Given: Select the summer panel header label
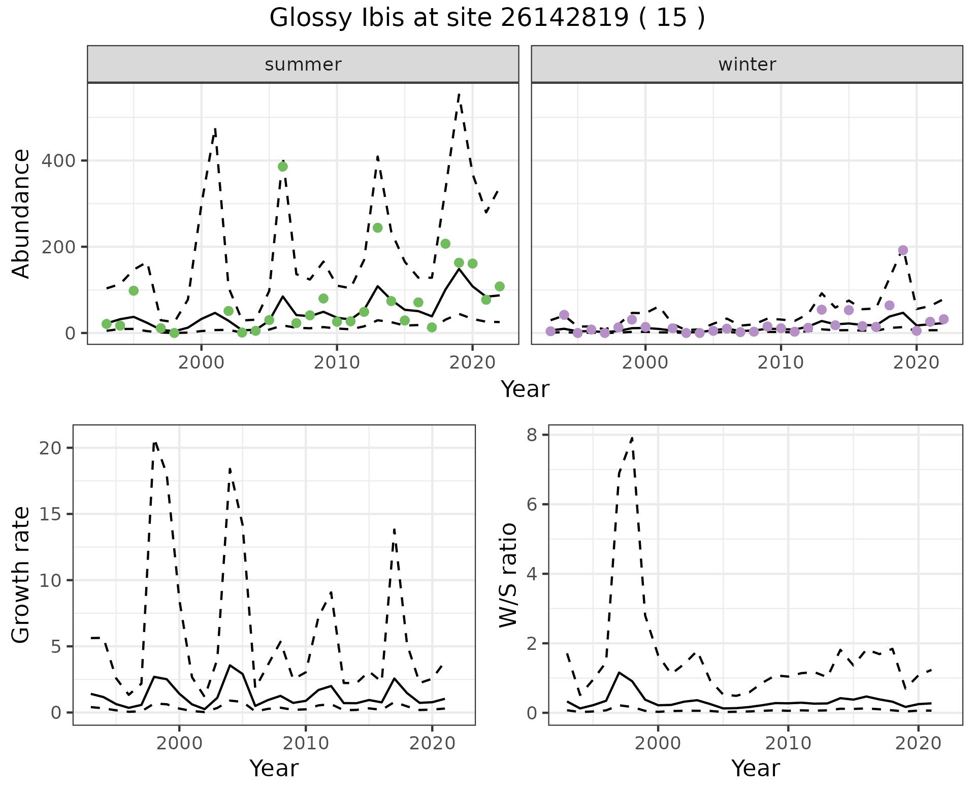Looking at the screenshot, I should pos(303,64).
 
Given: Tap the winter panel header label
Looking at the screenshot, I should pos(747,64).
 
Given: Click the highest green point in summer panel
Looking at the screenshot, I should pos(283,167).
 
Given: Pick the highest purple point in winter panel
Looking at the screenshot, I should pos(903,250).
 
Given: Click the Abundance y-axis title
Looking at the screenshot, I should pos(21,214).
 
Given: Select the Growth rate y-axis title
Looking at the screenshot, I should pos(21,575).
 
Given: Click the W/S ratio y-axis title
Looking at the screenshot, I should pos(508,575).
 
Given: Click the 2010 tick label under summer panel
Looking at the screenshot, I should pos(337,363).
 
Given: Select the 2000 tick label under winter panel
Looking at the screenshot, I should pos(645,363).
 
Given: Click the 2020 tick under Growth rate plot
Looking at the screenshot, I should pos(432,743).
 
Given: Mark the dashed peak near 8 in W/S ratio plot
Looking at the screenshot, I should pos(632,437).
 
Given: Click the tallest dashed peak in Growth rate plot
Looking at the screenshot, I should pos(155,442).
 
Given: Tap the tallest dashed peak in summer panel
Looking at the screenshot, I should pos(459,94).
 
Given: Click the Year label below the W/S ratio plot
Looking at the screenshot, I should pos(755,769).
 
